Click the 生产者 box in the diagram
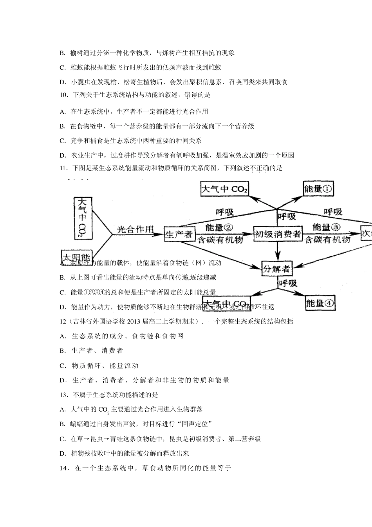(x=179, y=234)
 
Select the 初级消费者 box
(x=278, y=234)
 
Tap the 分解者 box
(x=276, y=269)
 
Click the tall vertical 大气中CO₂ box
(x=83, y=218)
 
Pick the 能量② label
(x=219, y=227)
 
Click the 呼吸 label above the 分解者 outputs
(x=287, y=283)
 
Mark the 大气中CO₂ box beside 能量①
(x=224, y=189)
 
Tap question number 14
(x=65, y=468)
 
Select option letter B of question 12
(x=62, y=351)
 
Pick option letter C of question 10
(x=62, y=141)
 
